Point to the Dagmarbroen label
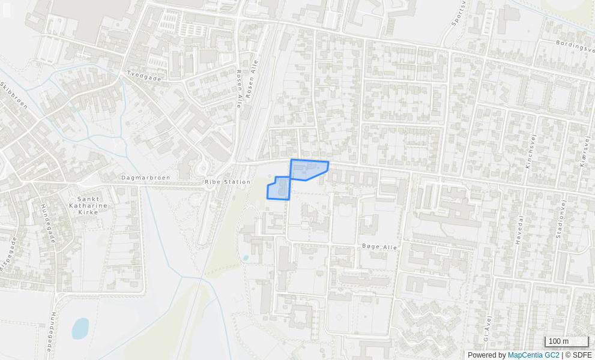[146, 178]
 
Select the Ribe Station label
[228, 182]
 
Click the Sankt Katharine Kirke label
[92, 205]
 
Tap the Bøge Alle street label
[379, 247]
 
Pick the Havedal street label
[519, 229]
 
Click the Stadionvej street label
[561, 220]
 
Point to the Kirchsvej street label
[530, 151]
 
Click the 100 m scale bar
[566, 342]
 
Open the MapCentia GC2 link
[533, 355]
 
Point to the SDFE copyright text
[578, 355]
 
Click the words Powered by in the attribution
[486, 355]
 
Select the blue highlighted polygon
[308, 170]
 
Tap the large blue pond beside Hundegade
[80, 328]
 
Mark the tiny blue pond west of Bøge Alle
[246, 258]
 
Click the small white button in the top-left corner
[7, 10]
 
